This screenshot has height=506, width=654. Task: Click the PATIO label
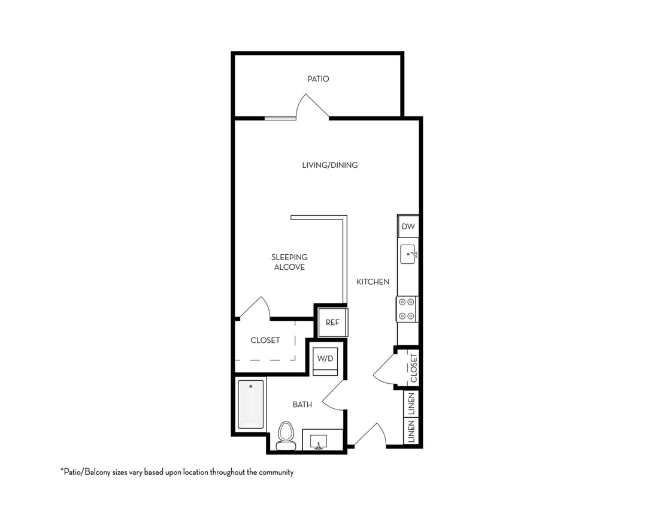[318, 79]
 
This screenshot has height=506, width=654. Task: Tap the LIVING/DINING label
[330, 165]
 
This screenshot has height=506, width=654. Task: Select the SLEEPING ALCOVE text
[289, 262]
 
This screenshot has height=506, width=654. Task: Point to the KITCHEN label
[373, 282]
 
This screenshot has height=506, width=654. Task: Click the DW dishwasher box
[408, 227]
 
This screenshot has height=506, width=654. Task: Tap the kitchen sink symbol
[408, 254]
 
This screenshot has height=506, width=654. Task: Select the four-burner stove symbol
[407, 309]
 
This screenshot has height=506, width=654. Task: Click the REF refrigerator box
[332, 323]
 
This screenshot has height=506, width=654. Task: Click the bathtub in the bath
[250, 404]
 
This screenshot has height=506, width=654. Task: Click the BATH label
[302, 405]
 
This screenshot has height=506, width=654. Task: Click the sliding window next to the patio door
[280, 118]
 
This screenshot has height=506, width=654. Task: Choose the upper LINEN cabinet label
[411, 404]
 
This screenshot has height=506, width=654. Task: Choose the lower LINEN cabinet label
[411, 432]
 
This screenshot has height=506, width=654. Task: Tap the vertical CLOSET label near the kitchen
[414, 368]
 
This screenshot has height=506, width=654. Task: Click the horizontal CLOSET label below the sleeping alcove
[265, 341]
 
